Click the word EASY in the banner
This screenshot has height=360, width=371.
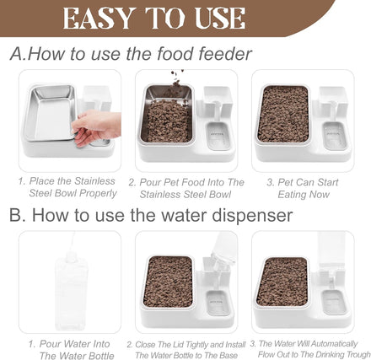(x=98, y=18)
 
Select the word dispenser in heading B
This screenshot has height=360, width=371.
(x=252, y=215)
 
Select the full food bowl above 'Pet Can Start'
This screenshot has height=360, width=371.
(x=283, y=114)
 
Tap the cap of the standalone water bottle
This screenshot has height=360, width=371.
(x=71, y=256)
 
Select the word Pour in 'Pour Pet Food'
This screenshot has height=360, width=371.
(x=150, y=182)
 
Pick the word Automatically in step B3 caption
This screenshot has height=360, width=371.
(x=334, y=344)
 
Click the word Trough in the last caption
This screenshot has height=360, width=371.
(x=358, y=354)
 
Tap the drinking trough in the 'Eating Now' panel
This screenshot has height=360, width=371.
(x=335, y=136)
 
